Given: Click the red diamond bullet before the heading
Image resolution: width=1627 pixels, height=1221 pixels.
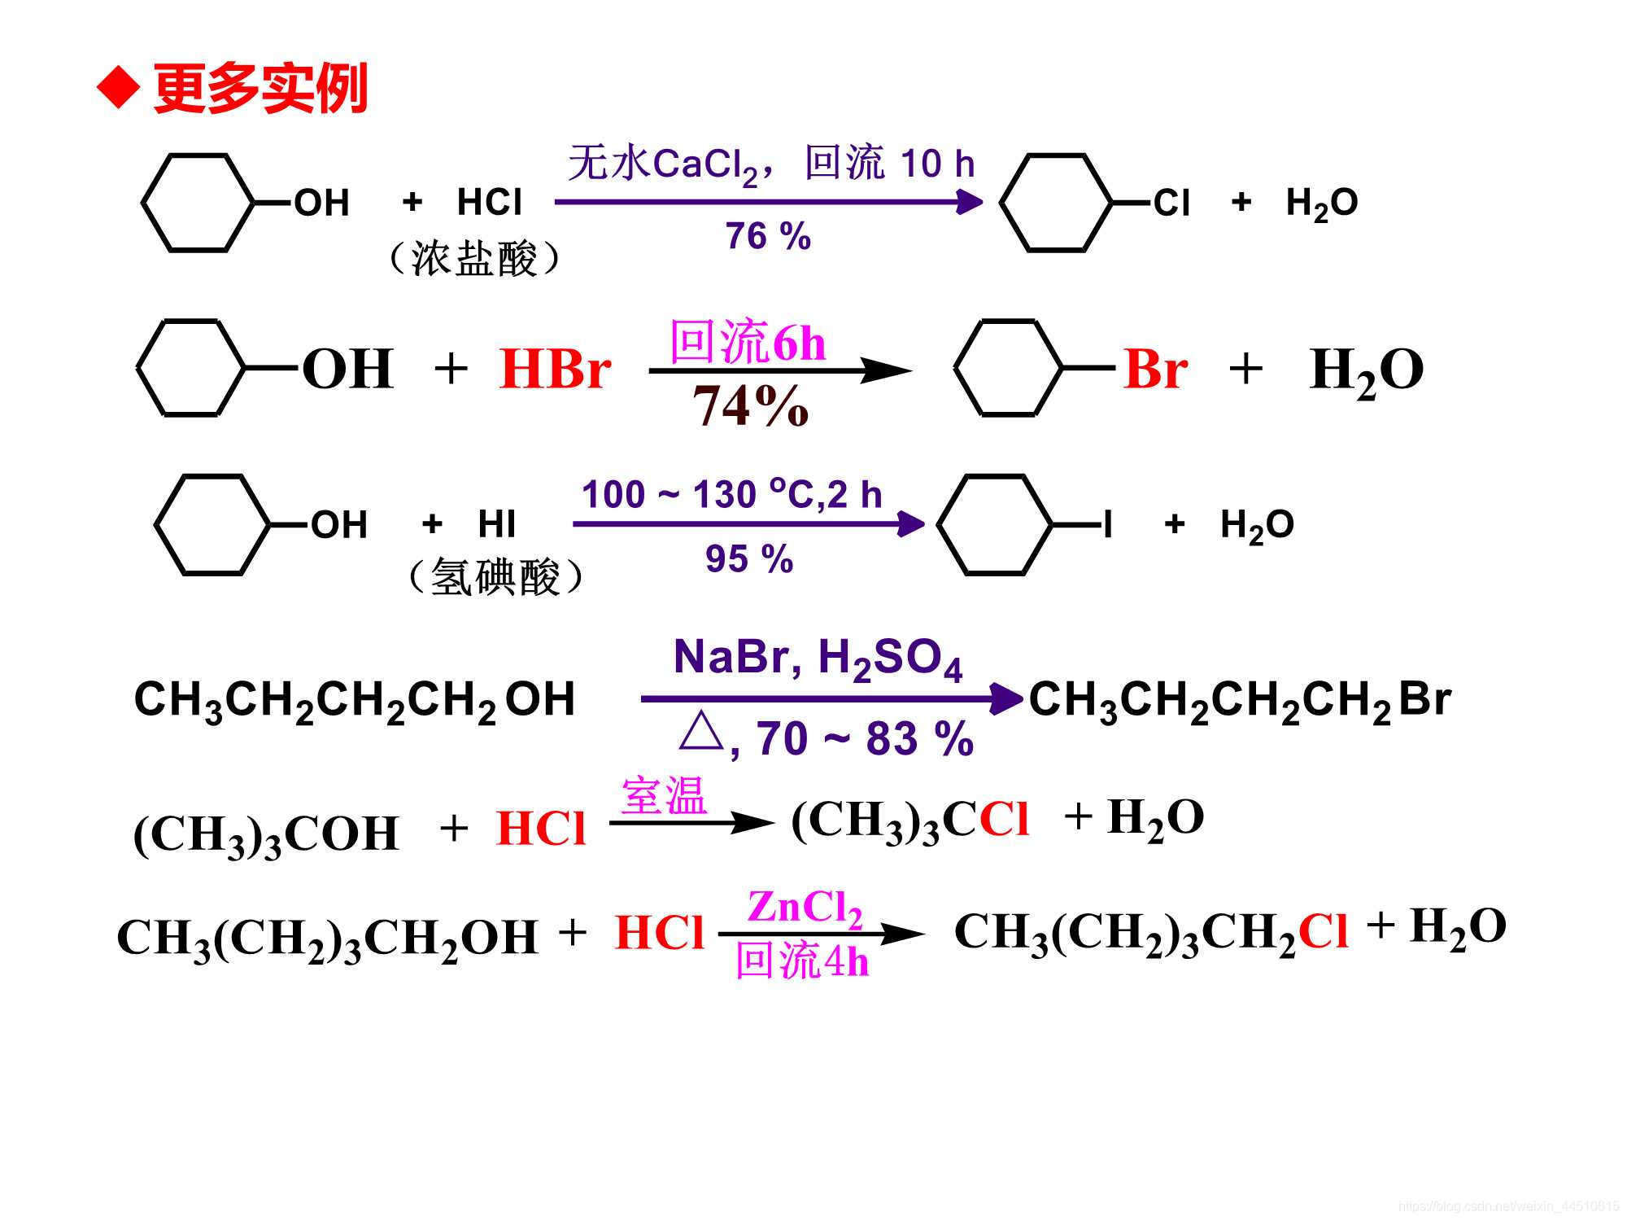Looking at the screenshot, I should point(119,87).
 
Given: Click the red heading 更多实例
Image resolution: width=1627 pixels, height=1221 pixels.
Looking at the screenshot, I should point(260,88).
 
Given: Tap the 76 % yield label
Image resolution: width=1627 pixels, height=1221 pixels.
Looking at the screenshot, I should point(768,237).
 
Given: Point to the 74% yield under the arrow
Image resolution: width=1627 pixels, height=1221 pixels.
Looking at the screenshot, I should point(750,405).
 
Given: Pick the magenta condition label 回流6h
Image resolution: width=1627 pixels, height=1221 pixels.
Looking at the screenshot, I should point(747,342).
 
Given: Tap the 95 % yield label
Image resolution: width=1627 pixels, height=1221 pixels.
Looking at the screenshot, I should point(748,559).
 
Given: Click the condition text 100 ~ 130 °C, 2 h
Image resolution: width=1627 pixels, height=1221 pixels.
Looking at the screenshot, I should point(731,494).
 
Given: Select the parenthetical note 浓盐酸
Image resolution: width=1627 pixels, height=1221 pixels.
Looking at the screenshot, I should point(474,260).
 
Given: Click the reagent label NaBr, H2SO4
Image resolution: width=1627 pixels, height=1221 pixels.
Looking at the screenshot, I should point(818,658).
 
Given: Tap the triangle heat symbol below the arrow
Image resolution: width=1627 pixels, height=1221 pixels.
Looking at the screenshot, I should point(700,733).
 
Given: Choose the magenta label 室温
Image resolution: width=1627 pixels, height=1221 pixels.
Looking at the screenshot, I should point(664,795).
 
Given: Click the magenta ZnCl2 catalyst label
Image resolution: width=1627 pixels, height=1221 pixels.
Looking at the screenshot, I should point(805,908).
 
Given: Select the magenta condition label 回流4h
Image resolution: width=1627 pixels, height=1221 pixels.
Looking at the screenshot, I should point(801,961).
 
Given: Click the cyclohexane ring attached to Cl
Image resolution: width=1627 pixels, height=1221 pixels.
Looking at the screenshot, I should point(1055,202).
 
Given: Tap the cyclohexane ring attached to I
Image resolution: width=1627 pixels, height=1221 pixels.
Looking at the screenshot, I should point(994,525).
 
